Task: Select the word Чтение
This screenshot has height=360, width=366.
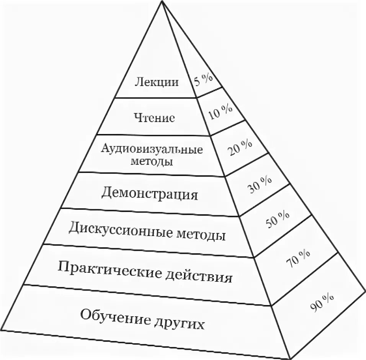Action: click(154, 117)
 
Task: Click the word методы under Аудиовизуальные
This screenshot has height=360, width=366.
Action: click(152, 161)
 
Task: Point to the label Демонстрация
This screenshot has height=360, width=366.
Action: click(150, 194)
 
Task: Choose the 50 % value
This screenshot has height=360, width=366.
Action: click(277, 220)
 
